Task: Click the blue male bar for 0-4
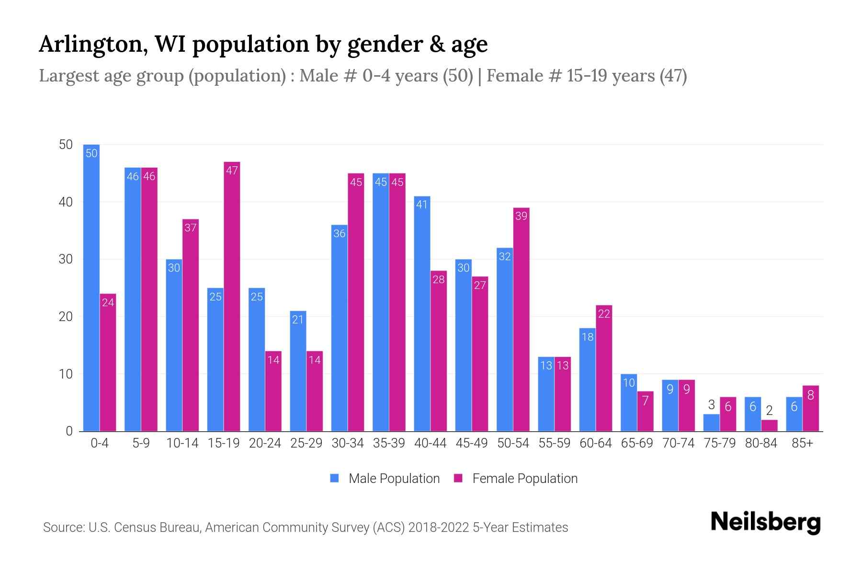click(x=91, y=287)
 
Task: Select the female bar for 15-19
click(x=232, y=297)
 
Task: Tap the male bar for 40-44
click(x=422, y=314)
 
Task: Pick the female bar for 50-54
click(x=521, y=320)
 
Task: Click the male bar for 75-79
click(x=711, y=423)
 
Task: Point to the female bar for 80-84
click(x=769, y=425)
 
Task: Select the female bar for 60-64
click(x=604, y=368)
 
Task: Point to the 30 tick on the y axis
click(x=66, y=259)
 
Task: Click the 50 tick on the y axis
click(x=66, y=145)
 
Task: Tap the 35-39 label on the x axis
click(x=389, y=443)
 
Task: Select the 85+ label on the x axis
click(x=802, y=443)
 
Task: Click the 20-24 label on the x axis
click(x=265, y=443)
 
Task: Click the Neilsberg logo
click(x=765, y=522)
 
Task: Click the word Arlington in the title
click(x=92, y=44)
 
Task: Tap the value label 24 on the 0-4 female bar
click(x=108, y=302)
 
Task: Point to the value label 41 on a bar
click(x=422, y=205)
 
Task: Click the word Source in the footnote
click(x=63, y=528)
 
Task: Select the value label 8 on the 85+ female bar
click(x=810, y=395)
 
